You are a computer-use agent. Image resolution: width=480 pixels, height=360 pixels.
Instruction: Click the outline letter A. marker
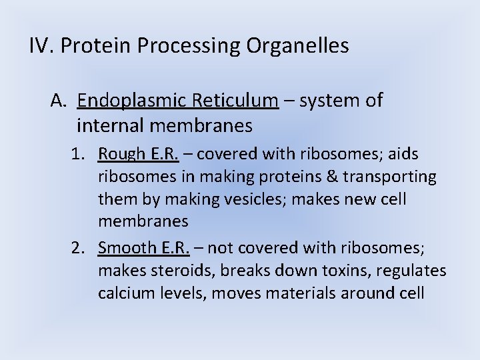pyautogui.click(x=60, y=101)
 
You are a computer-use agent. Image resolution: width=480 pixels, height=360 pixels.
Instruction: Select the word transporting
pyautogui.click(x=395, y=177)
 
